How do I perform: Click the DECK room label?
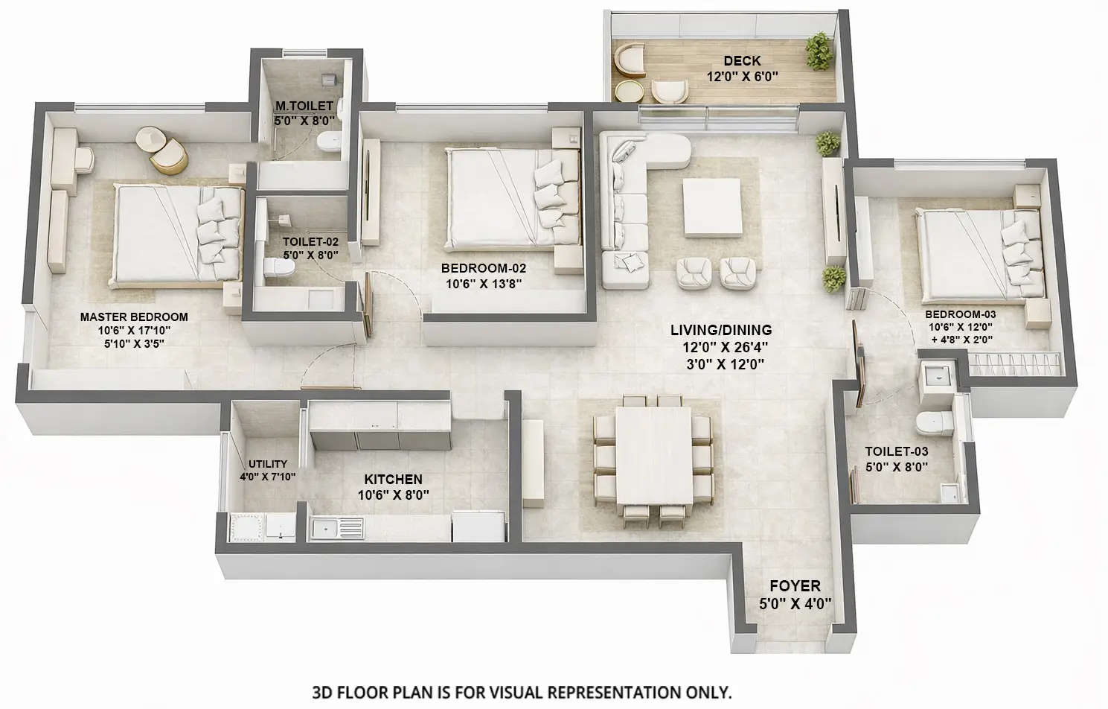point(742,60)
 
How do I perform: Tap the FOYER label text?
point(795,586)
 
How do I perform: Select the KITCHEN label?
point(393,479)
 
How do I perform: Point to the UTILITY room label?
point(267,463)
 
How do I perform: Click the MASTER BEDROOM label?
point(134,317)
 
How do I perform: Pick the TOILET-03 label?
point(896,451)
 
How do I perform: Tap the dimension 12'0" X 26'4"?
point(725,347)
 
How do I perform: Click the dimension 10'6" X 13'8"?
point(484,284)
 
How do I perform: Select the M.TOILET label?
point(304,106)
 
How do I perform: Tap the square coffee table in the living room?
point(712,207)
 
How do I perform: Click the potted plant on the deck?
point(819,51)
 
